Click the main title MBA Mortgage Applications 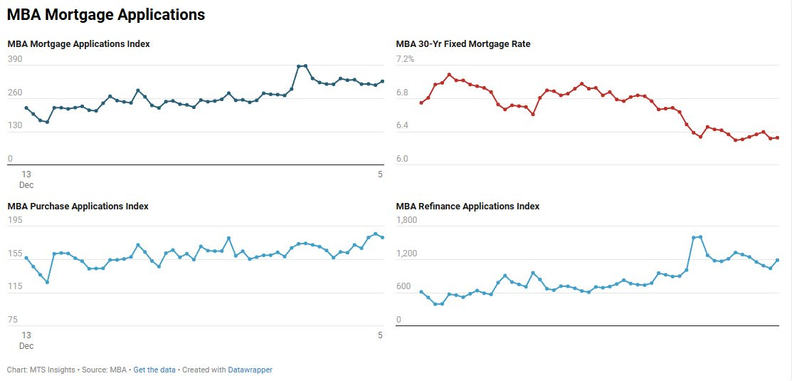(106, 14)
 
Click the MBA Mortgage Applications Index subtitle (78, 44)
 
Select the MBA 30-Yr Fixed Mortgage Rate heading (463, 44)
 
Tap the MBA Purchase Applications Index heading (78, 207)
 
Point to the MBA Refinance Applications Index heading (468, 207)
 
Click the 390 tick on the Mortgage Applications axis (15, 60)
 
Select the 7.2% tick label (405, 60)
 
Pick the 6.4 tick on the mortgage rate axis (403, 126)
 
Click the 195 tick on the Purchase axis (15, 221)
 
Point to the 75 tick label (13, 320)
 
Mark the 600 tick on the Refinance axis (403, 287)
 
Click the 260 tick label (15, 93)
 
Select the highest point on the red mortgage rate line (449, 74)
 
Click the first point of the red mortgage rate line (421, 103)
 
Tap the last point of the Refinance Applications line (778, 260)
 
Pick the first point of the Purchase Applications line (26, 258)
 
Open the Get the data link (154, 370)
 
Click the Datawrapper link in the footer (250, 370)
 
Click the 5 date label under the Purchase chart (380, 335)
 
